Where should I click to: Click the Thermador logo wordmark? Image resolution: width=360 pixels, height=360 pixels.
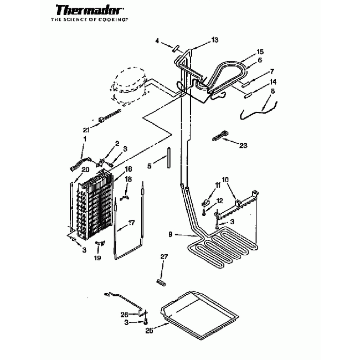[89, 11]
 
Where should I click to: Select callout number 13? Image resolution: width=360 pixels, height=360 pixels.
[215, 39]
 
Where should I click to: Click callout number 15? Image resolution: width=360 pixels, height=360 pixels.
[260, 52]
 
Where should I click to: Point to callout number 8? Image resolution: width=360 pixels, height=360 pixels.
[272, 91]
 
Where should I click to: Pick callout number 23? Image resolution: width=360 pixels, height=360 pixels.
[243, 145]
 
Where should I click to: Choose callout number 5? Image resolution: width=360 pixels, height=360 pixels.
[149, 165]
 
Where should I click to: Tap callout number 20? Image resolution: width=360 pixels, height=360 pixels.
[85, 169]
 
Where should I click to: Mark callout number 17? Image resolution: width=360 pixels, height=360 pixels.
[131, 223]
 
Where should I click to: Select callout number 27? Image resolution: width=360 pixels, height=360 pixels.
[163, 256]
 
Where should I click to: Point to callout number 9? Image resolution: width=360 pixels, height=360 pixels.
[172, 234]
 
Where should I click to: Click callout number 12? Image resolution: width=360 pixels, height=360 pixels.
[219, 200]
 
